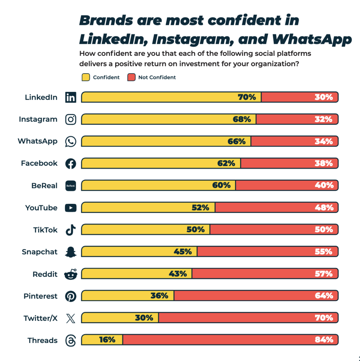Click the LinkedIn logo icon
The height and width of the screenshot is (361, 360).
(x=71, y=97)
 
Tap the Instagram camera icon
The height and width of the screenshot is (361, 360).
(x=71, y=119)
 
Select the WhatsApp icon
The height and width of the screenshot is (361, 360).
(x=71, y=141)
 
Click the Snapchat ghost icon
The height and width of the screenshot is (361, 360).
(x=71, y=252)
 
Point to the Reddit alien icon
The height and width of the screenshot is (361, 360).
(x=71, y=274)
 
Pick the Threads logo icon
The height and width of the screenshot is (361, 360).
(x=71, y=340)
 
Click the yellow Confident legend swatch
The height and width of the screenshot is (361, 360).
(x=86, y=77)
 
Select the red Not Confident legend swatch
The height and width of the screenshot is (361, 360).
(x=131, y=77)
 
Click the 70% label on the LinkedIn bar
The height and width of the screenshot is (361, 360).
(x=247, y=97)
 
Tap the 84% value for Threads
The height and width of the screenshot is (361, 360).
(x=324, y=340)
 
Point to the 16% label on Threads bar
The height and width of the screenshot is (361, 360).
(x=107, y=340)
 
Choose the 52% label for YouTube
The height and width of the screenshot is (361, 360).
(x=200, y=207)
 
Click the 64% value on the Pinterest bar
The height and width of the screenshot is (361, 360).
(x=324, y=296)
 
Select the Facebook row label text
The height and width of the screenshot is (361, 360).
(x=39, y=163)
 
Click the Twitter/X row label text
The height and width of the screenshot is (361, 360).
(x=40, y=318)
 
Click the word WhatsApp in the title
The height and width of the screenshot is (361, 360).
(x=311, y=39)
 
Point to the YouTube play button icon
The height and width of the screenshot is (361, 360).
(x=71, y=208)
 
